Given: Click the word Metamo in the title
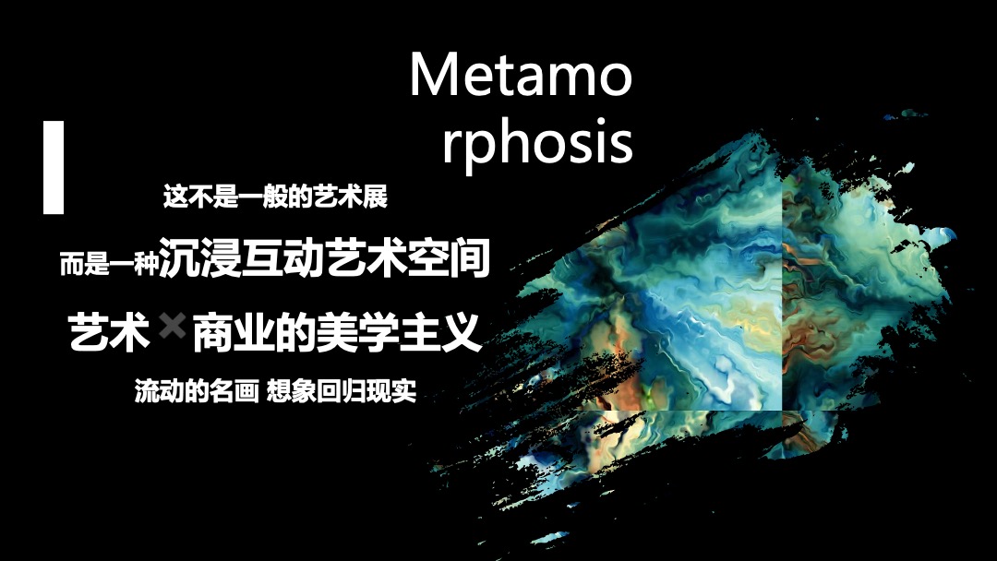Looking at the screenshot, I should [521, 76].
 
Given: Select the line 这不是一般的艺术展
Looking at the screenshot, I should [275, 198].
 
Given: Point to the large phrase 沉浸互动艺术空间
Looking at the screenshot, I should [324, 259].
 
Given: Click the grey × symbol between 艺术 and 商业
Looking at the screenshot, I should [172, 328].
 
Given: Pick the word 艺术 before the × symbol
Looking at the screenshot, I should [110, 331].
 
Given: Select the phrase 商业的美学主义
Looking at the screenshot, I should [337, 331].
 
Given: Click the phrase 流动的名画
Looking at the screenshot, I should [196, 392].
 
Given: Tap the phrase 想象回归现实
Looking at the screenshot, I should [342, 392].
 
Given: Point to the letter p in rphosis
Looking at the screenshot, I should [480, 148].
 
